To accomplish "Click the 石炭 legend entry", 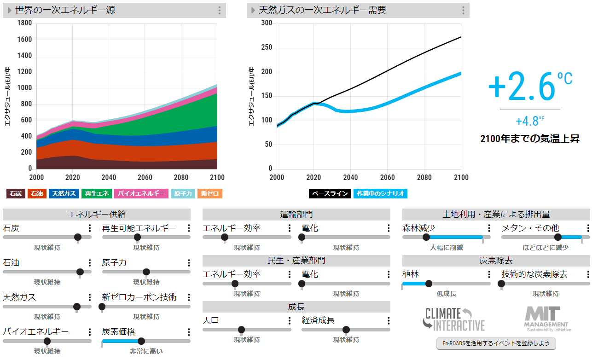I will point(16,194).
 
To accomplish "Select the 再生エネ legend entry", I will point(96,194).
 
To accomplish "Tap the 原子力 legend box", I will point(183,194).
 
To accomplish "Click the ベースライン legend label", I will point(330,194).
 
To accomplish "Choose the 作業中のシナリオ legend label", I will point(380,194).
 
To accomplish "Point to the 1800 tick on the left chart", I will point(24,23).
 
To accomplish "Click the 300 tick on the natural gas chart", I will point(267,23).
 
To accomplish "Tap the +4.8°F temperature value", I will point(529,122).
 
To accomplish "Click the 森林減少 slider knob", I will point(426,237).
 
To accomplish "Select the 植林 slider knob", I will point(429,284).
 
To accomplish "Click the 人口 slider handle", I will point(241,330).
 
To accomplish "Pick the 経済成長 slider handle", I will point(346,330).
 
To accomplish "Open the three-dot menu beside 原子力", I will point(189,263).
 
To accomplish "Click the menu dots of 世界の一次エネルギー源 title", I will point(220,11).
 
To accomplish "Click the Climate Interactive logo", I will point(454,319).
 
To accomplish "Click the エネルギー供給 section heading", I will point(97,215).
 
